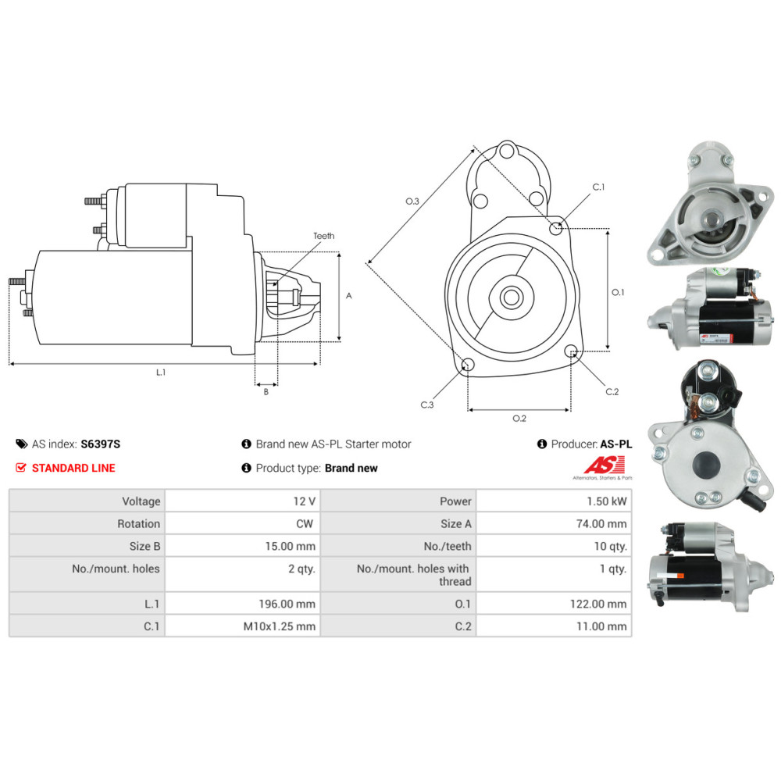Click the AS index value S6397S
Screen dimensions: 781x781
(100, 444)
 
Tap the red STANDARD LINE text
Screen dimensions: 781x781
(73, 468)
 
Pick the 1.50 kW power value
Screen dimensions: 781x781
(606, 501)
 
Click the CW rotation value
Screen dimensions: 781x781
(305, 523)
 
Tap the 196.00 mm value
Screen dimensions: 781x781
(287, 604)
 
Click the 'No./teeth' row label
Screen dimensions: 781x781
(448, 546)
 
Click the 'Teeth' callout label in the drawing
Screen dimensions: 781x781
(324, 236)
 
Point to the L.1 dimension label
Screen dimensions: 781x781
(160, 372)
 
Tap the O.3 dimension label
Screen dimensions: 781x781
(412, 201)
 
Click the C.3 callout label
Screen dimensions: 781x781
(427, 405)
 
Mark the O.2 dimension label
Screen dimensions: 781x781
(519, 418)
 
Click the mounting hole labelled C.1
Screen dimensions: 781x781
(555, 228)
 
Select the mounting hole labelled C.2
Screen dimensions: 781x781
(572, 351)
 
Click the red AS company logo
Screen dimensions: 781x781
(604, 465)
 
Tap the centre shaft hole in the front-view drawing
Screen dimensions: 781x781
(511, 298)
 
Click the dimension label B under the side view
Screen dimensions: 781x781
(266, 391)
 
